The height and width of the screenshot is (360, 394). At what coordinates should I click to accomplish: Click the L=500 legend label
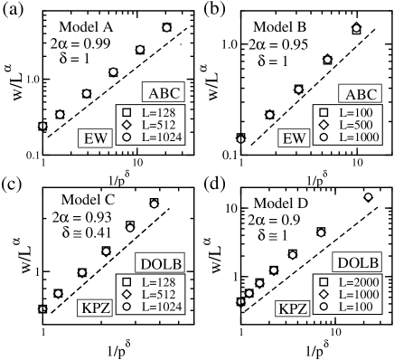click(352, 124)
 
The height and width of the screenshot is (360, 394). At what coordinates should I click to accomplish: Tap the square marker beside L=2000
click(323, 281)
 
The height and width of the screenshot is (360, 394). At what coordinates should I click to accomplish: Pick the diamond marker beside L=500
click(323, 124)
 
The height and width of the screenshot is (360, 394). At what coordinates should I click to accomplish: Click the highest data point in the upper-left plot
click(167, 27)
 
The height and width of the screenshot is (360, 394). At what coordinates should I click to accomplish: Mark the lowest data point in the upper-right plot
click(240, 137)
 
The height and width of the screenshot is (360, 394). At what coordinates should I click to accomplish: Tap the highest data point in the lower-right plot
click(369, 195)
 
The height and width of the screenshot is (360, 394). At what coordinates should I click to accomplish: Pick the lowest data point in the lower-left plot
click(42, 309)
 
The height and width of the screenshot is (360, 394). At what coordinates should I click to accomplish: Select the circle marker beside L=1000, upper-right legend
click(323, 137)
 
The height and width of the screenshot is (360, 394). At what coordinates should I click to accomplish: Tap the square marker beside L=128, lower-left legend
click(127, 281)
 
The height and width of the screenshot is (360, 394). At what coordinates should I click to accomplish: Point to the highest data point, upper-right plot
click(356, 29)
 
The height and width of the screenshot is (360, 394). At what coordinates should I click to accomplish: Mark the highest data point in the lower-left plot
click(155, 203)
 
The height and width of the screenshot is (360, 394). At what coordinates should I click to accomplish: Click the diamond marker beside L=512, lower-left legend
click(127, 295)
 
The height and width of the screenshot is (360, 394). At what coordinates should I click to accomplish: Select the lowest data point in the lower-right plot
click(240, 301)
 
